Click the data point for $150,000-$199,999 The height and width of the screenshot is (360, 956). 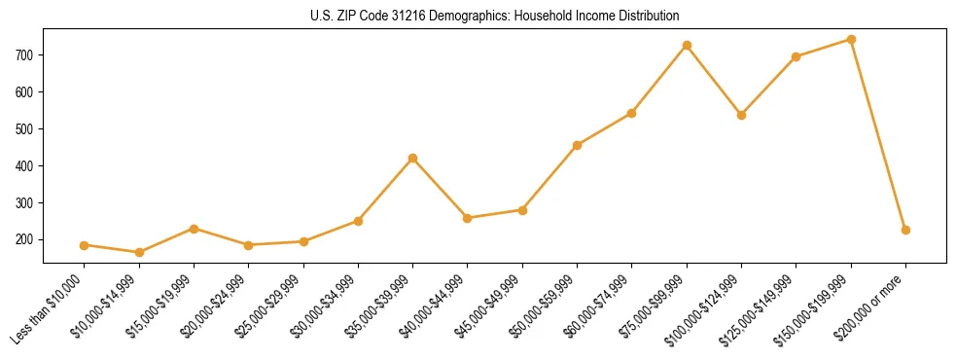(x=851, y=40)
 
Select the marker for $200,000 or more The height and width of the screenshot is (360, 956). (x=905, y=231)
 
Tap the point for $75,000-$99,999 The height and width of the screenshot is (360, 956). (x=687, y=46)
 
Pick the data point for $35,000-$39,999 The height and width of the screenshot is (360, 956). (x=412, y=158)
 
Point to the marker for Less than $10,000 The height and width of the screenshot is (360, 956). (x=85, y=245)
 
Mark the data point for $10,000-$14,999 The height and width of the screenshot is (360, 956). (x=139, y=253)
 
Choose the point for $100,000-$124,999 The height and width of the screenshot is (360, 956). (x=741, y=115)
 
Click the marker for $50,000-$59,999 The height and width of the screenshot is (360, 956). (x=578, y=145)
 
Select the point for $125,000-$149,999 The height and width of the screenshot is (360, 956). (x=797, y=56)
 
